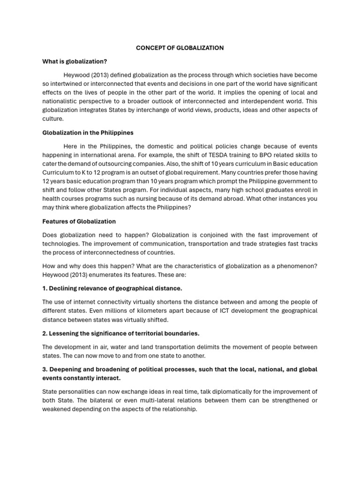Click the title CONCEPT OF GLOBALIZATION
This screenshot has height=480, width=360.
pos(180,48)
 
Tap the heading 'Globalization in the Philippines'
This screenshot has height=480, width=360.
pos(88,133)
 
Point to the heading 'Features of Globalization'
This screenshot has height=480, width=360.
pos(79,221)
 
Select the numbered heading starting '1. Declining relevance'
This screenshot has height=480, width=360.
pos(112,288)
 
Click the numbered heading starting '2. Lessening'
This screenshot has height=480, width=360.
pos(120,333)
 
